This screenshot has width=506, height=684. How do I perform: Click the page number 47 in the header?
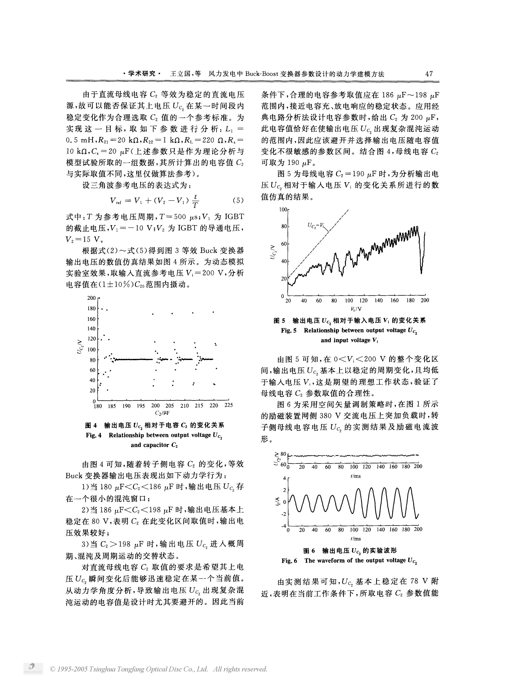click(x=429, y=74)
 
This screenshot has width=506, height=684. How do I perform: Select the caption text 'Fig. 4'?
click(x=93, y=435)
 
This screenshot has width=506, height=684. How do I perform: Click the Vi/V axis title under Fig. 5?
click(x=356, y=309)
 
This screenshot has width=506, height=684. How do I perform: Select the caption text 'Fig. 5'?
click(x=288, y=330)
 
